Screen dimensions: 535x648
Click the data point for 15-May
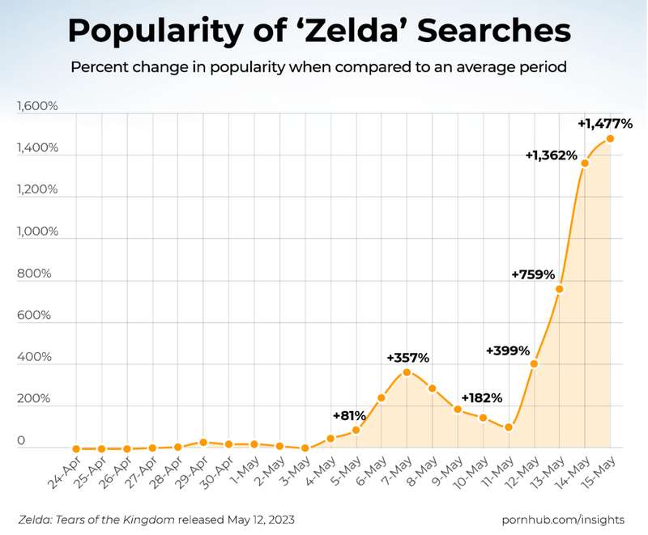point(610,138)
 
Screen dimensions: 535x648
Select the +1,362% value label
point(551,155)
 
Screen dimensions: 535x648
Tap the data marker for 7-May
point(407,372)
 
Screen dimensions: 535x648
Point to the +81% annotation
point(349,415)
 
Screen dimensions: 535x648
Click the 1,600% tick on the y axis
point(33,106)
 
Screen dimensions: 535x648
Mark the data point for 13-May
point(559,289)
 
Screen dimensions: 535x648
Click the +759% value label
point(532,274)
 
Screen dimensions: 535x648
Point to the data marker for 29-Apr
point(203,442)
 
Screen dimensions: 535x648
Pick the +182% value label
point(481,397)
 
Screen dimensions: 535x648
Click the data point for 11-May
point(509,427)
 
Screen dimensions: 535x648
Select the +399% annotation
point(507,350)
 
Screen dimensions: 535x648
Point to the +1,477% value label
point(605,124)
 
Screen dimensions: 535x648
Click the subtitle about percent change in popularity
point(318,66)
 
